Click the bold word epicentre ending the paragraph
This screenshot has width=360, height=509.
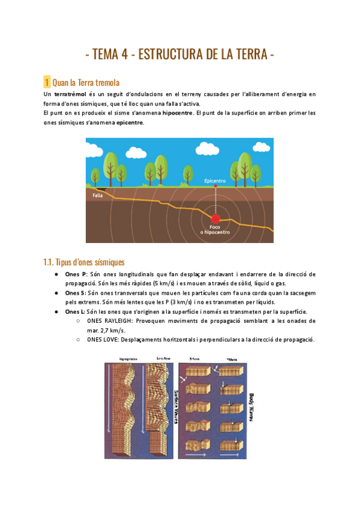click(130, 122)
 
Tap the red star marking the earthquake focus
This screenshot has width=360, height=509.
click(215, 218)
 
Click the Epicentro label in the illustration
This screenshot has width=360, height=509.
click(215, 180)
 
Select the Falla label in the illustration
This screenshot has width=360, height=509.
click(98, 195)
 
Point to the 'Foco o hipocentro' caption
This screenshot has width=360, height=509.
click(215, 230)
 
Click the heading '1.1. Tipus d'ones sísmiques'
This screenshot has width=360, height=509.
click(84, 262)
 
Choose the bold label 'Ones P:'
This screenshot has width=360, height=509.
click(76, 274)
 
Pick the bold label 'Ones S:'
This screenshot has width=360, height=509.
click(76, 293)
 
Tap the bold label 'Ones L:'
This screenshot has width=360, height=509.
click(76, 312)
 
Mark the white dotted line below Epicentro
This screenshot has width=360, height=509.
click(215, 198)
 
